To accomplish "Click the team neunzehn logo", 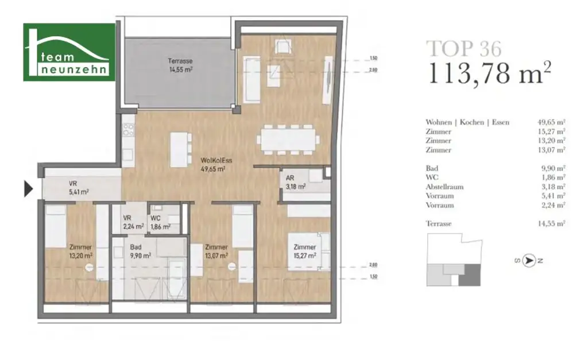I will coord(68,52).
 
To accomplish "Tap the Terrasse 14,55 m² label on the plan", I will coord(180,65).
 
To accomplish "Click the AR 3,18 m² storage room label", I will coord(293,183).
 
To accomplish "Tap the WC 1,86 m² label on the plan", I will coord(159,223).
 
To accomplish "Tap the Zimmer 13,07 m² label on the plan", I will coord(216,251).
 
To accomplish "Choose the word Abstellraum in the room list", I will coord(444,187).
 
